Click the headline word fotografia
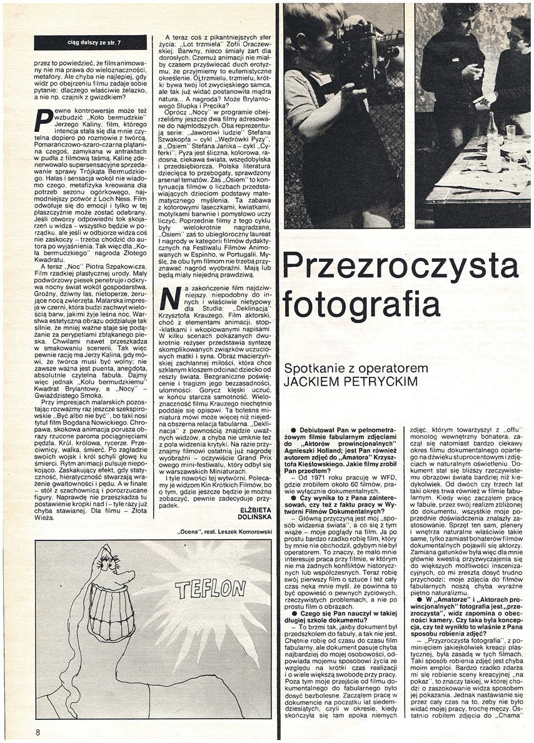click(361, 306)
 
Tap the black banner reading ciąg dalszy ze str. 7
click(90, 42)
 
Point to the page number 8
click(38, 731)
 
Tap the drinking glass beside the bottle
click(510, 132)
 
